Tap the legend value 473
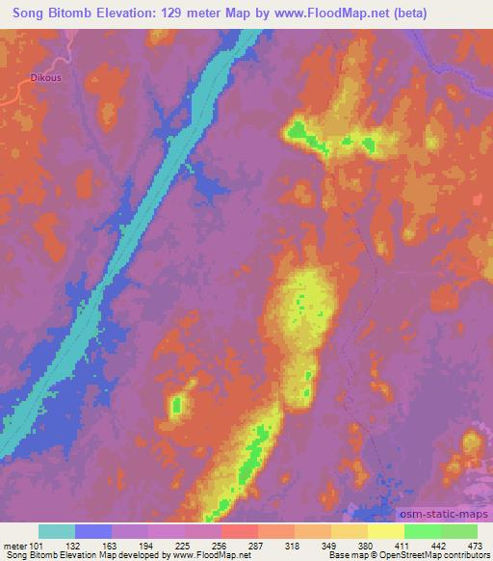[475, 545]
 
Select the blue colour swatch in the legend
[93, 531]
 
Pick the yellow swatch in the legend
[386, 531]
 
